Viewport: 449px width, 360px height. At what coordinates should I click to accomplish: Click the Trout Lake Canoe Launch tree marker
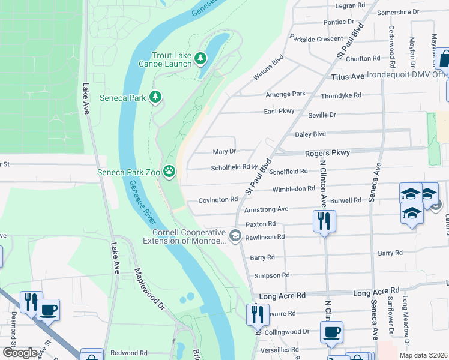pyautogui.click(x=200, y=58)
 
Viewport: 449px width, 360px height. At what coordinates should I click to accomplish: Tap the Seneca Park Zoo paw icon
pyautogui.click(x=170, y=172)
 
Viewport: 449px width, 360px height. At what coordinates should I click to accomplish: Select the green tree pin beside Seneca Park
pyautogui.click(x=155, y=97)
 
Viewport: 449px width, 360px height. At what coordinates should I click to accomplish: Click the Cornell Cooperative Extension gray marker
pyautogui.click(x=235, y=235)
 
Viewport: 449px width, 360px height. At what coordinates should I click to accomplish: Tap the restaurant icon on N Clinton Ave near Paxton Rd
pyautogui.click(x=324, y=221)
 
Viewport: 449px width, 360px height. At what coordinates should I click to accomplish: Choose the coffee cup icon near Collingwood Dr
pyautogui.click(x=331, y=332)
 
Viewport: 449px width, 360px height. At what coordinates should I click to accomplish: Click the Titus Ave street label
pyautogui.click(x=348, y=77)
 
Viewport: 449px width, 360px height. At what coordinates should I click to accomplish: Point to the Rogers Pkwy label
pyautogui.click(x=327, y=153)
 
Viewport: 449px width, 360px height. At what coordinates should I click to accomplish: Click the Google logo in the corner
pyautogui.click(x=20, y=352)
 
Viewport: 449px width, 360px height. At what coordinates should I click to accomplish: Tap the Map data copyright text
pyautogui.click(x=425, y=355)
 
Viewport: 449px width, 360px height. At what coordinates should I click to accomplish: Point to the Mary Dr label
pyautogui.click(x=224, y=152)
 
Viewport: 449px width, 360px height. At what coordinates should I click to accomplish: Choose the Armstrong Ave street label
pyautogui.click(x=266, y=209)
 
